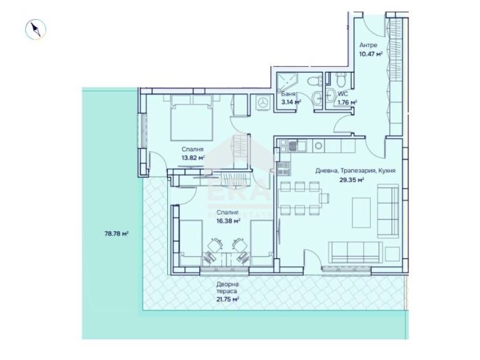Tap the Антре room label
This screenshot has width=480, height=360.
[368, 46]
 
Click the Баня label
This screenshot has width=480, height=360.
[288, 94]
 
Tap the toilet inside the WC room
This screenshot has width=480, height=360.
[340, 80]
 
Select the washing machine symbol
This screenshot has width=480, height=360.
[262, 103]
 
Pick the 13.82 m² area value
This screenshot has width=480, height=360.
[193, 158]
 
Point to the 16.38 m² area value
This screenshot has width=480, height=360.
[229, 220]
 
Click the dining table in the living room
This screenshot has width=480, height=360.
[304, 197]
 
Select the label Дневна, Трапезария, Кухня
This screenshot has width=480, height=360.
[356, 170]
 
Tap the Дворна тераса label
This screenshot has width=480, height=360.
[228, 289]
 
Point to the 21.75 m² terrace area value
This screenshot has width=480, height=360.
[228, 299]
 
